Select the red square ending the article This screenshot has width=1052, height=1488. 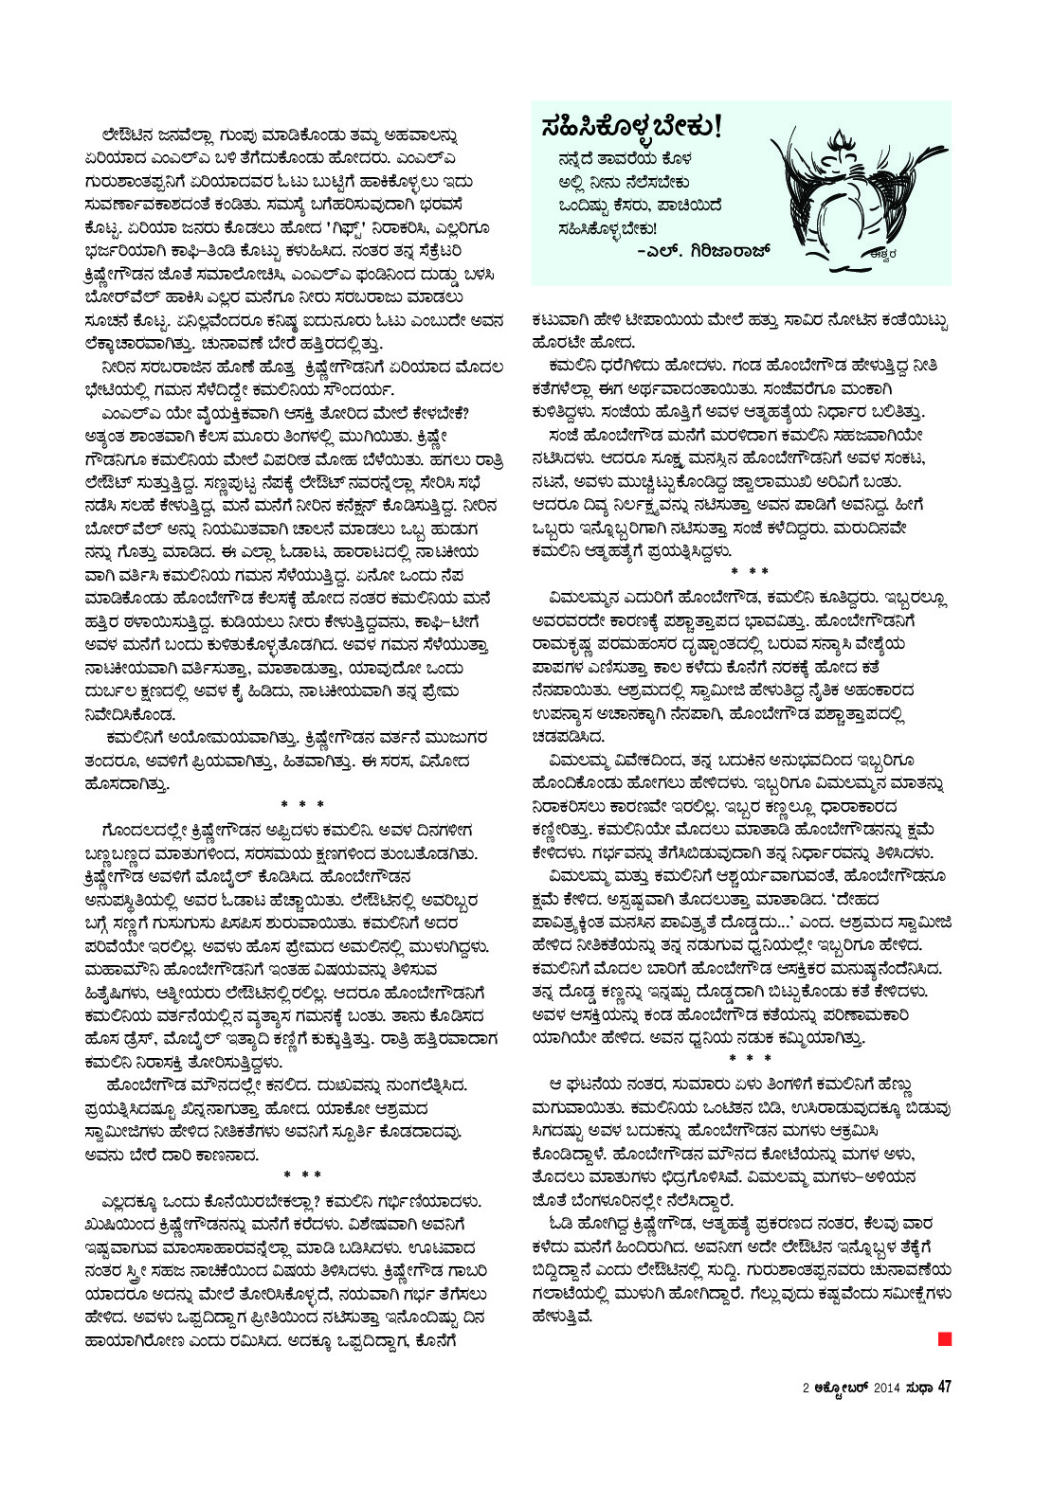pyautogui.click(x=943, y=1338)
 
